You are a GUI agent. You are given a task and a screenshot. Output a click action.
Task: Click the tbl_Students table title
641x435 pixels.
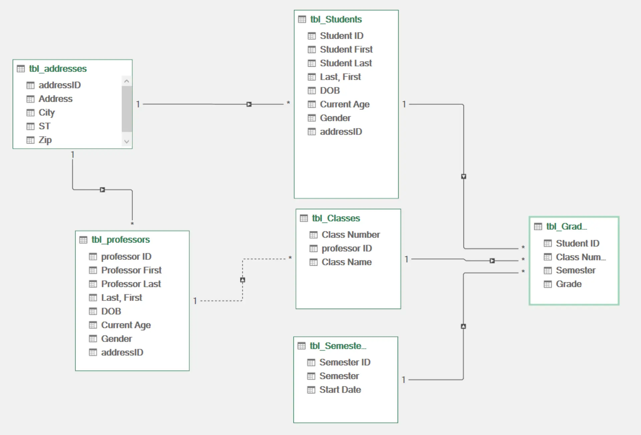pyautogui.click(x=336, y=19)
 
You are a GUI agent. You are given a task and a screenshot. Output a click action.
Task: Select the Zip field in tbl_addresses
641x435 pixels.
pyautogui.click(x=45, y=140)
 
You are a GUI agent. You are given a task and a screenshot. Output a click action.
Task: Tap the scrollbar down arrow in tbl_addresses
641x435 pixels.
pyautogui.click(x=127, y=141)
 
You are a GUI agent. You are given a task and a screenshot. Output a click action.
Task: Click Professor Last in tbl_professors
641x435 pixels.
pyautogui.click(x=131, y=284)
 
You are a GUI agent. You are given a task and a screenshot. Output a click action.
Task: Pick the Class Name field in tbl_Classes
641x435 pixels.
pyautogui.click(x=346, y=262)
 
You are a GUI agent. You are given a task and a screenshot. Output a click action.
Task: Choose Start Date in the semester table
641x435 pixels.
pyautogui.click(x=340, y=390)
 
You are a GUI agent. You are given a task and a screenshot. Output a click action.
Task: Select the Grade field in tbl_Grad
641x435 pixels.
pyautogui.click(x=569, y=284)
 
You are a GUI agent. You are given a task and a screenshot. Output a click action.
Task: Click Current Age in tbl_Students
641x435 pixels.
pyautogui.click(x=345, y=104)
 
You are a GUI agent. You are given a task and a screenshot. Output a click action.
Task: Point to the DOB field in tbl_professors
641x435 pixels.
pyautogui.click(x=111, y=311)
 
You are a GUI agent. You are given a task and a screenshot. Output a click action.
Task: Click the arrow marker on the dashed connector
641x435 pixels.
pyautogui.click(x=243, y=280)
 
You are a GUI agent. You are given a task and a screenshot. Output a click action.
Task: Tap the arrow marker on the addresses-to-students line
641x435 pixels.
pyautogui.click(x=249, y=104)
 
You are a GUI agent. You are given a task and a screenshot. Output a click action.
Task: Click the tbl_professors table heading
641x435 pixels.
pyautogui.click(x=121, y=240)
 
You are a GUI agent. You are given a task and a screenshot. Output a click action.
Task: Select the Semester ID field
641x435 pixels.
pyautogui.click(x=345, y=362)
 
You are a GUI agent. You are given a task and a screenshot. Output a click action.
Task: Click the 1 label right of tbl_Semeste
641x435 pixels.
pyautogui.click(x=404, y=380)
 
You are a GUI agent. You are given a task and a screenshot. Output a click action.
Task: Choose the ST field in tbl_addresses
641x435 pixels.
pyautogui.click(x=44, y=126)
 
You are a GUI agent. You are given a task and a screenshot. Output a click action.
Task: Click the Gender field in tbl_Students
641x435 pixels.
pyautogui.click(x=335, y=118)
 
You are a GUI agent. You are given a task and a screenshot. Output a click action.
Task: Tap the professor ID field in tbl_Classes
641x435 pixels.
pyautogui.click(x=347, y=249)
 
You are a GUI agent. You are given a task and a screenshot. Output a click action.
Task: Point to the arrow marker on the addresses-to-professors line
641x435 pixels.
pyautogui.click(x=102, y=190)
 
